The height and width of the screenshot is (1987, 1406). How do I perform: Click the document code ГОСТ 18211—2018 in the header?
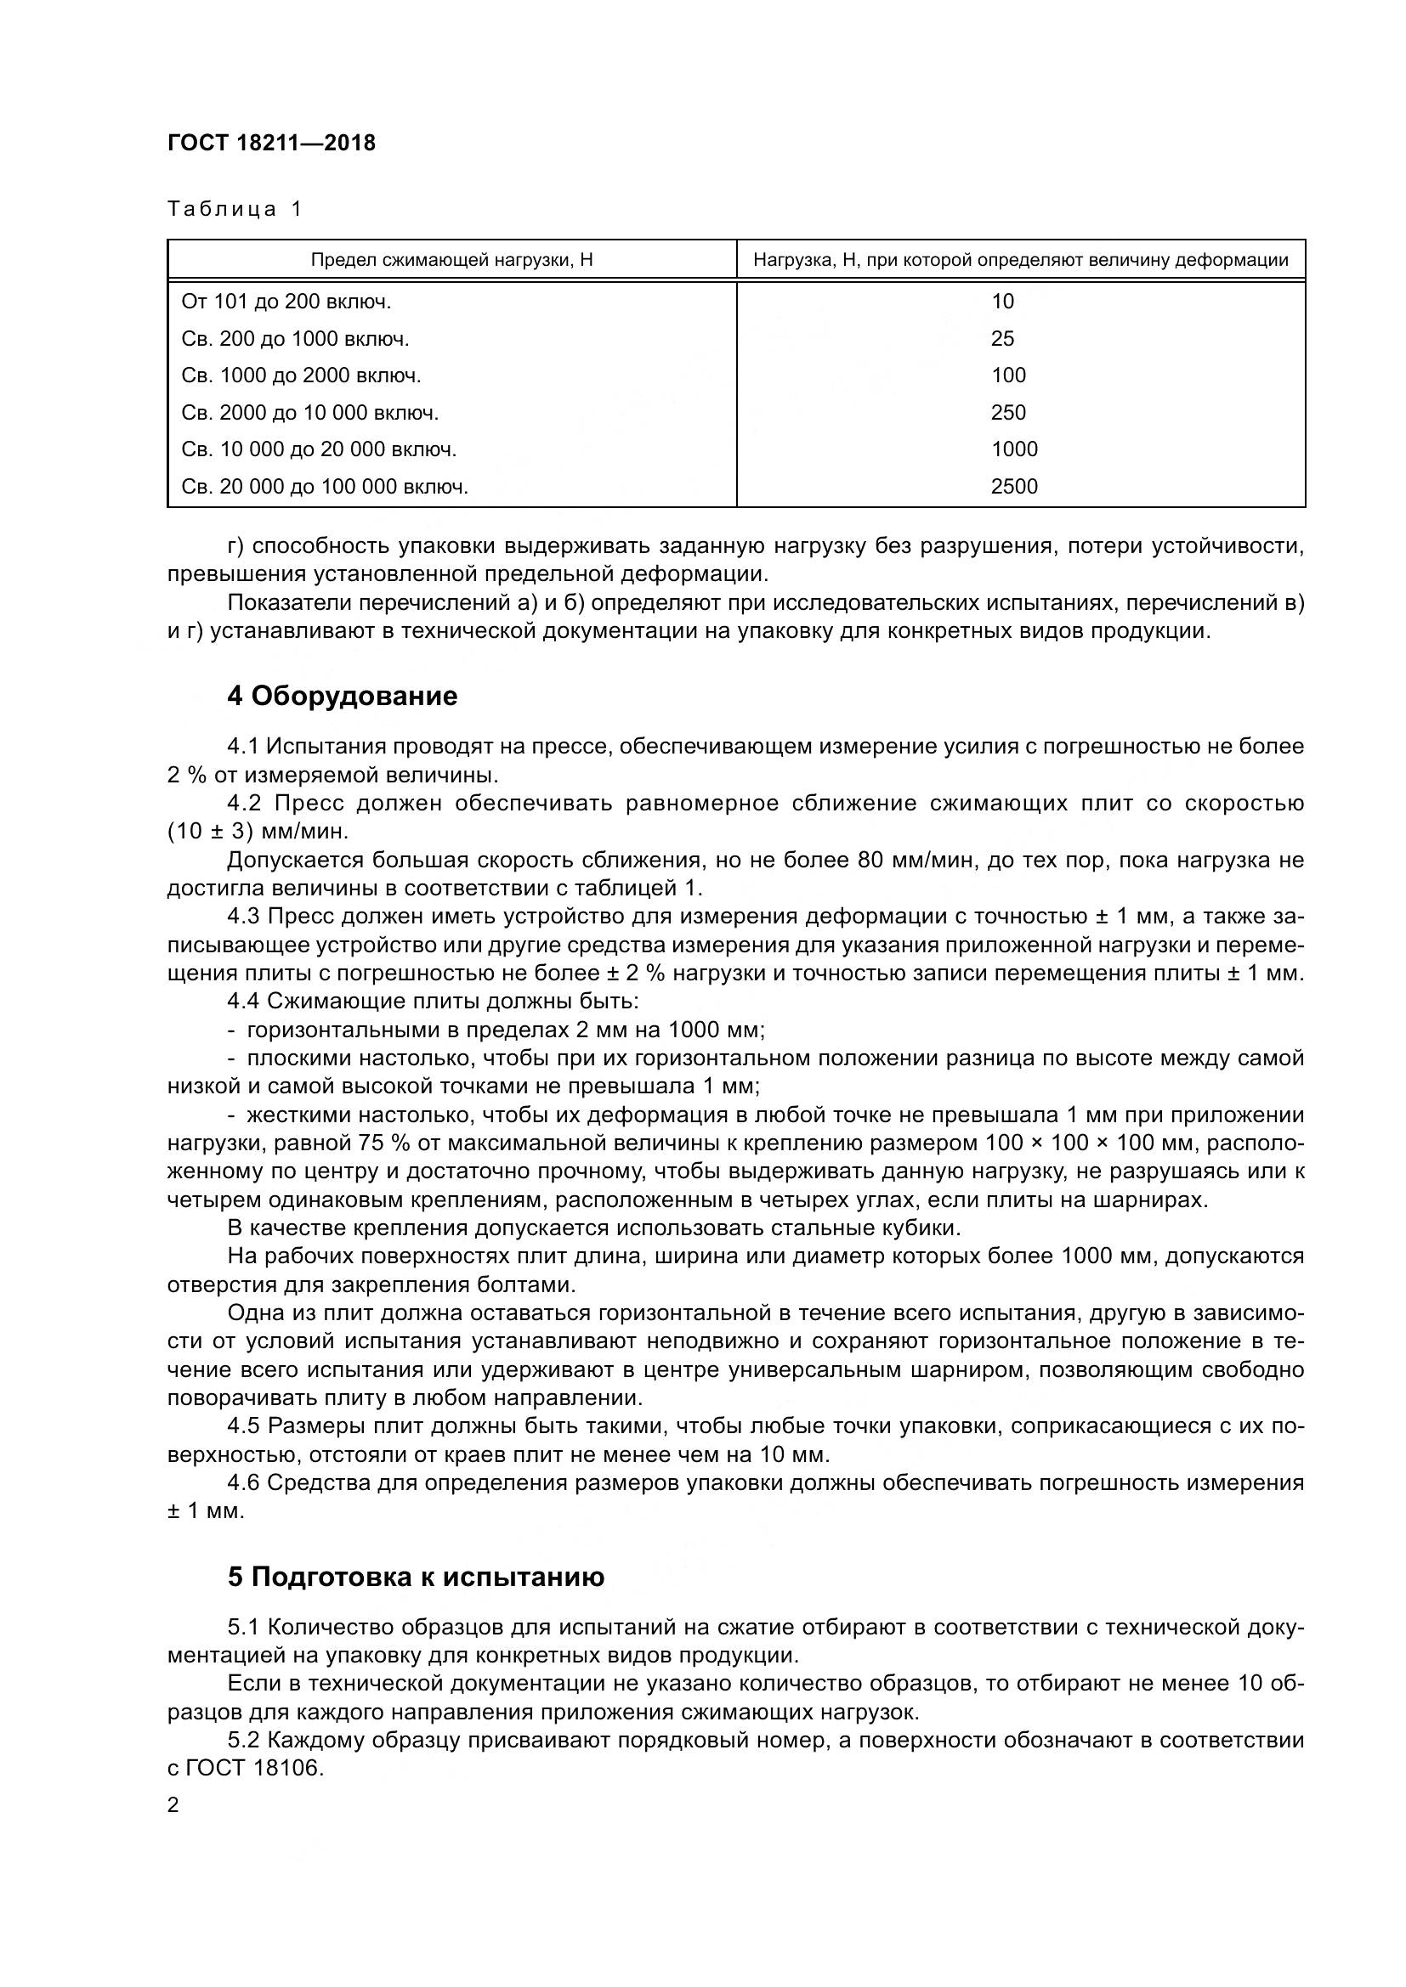pyautogui.click(x=271, y=143)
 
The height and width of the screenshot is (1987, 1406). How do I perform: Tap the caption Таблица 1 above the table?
pyautogui.click(x=234, y=209)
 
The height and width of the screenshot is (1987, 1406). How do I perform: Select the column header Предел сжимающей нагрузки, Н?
pyautogui.click(x=451, y=260)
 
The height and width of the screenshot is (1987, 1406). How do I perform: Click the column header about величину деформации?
pyautogui.click(x=1020, y=260)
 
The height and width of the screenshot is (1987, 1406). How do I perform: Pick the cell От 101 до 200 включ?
pyautogui.click(x=286, y=302)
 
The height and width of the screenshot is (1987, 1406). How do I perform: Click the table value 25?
pyautogui.click(x=1001, y=339)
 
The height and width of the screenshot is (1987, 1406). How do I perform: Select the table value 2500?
pyautogui.click(x=1014, y=487)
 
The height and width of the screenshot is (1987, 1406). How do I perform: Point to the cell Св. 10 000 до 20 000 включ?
pyautogui.click(x=319, y=449)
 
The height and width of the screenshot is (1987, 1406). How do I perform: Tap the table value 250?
pyautogui.click(x=1008, y=413)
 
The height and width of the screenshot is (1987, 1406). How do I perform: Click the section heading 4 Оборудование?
pyautogui.click(x=342, y=697)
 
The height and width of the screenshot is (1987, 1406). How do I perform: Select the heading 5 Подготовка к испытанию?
pyautogui.click(x=416, y=1578)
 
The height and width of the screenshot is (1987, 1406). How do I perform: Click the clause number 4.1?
pyautogui.click(x=243, y=747)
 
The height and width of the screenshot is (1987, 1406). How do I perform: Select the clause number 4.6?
pyautogui.click(x=243, y=1483)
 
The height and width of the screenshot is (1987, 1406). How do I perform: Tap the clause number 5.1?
pyautogui.click(x=243, y=1628)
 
